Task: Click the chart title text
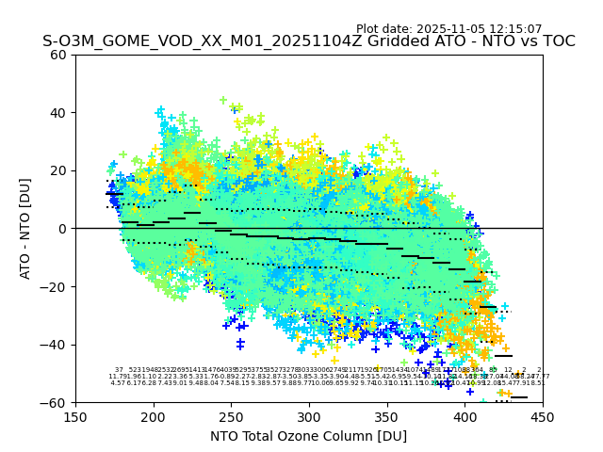click(x=308, y=41)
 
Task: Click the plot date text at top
click(x=448, y=29)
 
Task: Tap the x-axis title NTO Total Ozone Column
click(x=308, y=436)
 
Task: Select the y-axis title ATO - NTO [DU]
click(x=25, y=229)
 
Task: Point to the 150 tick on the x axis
click(x=75, y=416)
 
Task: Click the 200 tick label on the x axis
click(x=154, y=416)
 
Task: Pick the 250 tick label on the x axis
click(x=231, y=416)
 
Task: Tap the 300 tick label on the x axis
click(x=309, y=416)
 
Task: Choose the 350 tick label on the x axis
click(x=387, y=416)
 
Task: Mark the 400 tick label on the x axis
click(x=464, y=416)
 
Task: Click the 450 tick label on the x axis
click(x=543, y=416)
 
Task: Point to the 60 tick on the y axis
click(x=58, y=55)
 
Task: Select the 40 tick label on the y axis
click(x=58, y=113)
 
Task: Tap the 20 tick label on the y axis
click(x=58, y=170)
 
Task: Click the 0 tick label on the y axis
click(x=62, y=229)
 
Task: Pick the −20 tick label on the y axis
click(x=55, y=286)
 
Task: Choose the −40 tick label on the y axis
click(x=55, y=345)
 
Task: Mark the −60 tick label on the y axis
click(x=55, y=402)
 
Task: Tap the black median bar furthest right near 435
click(x=519, y=397)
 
